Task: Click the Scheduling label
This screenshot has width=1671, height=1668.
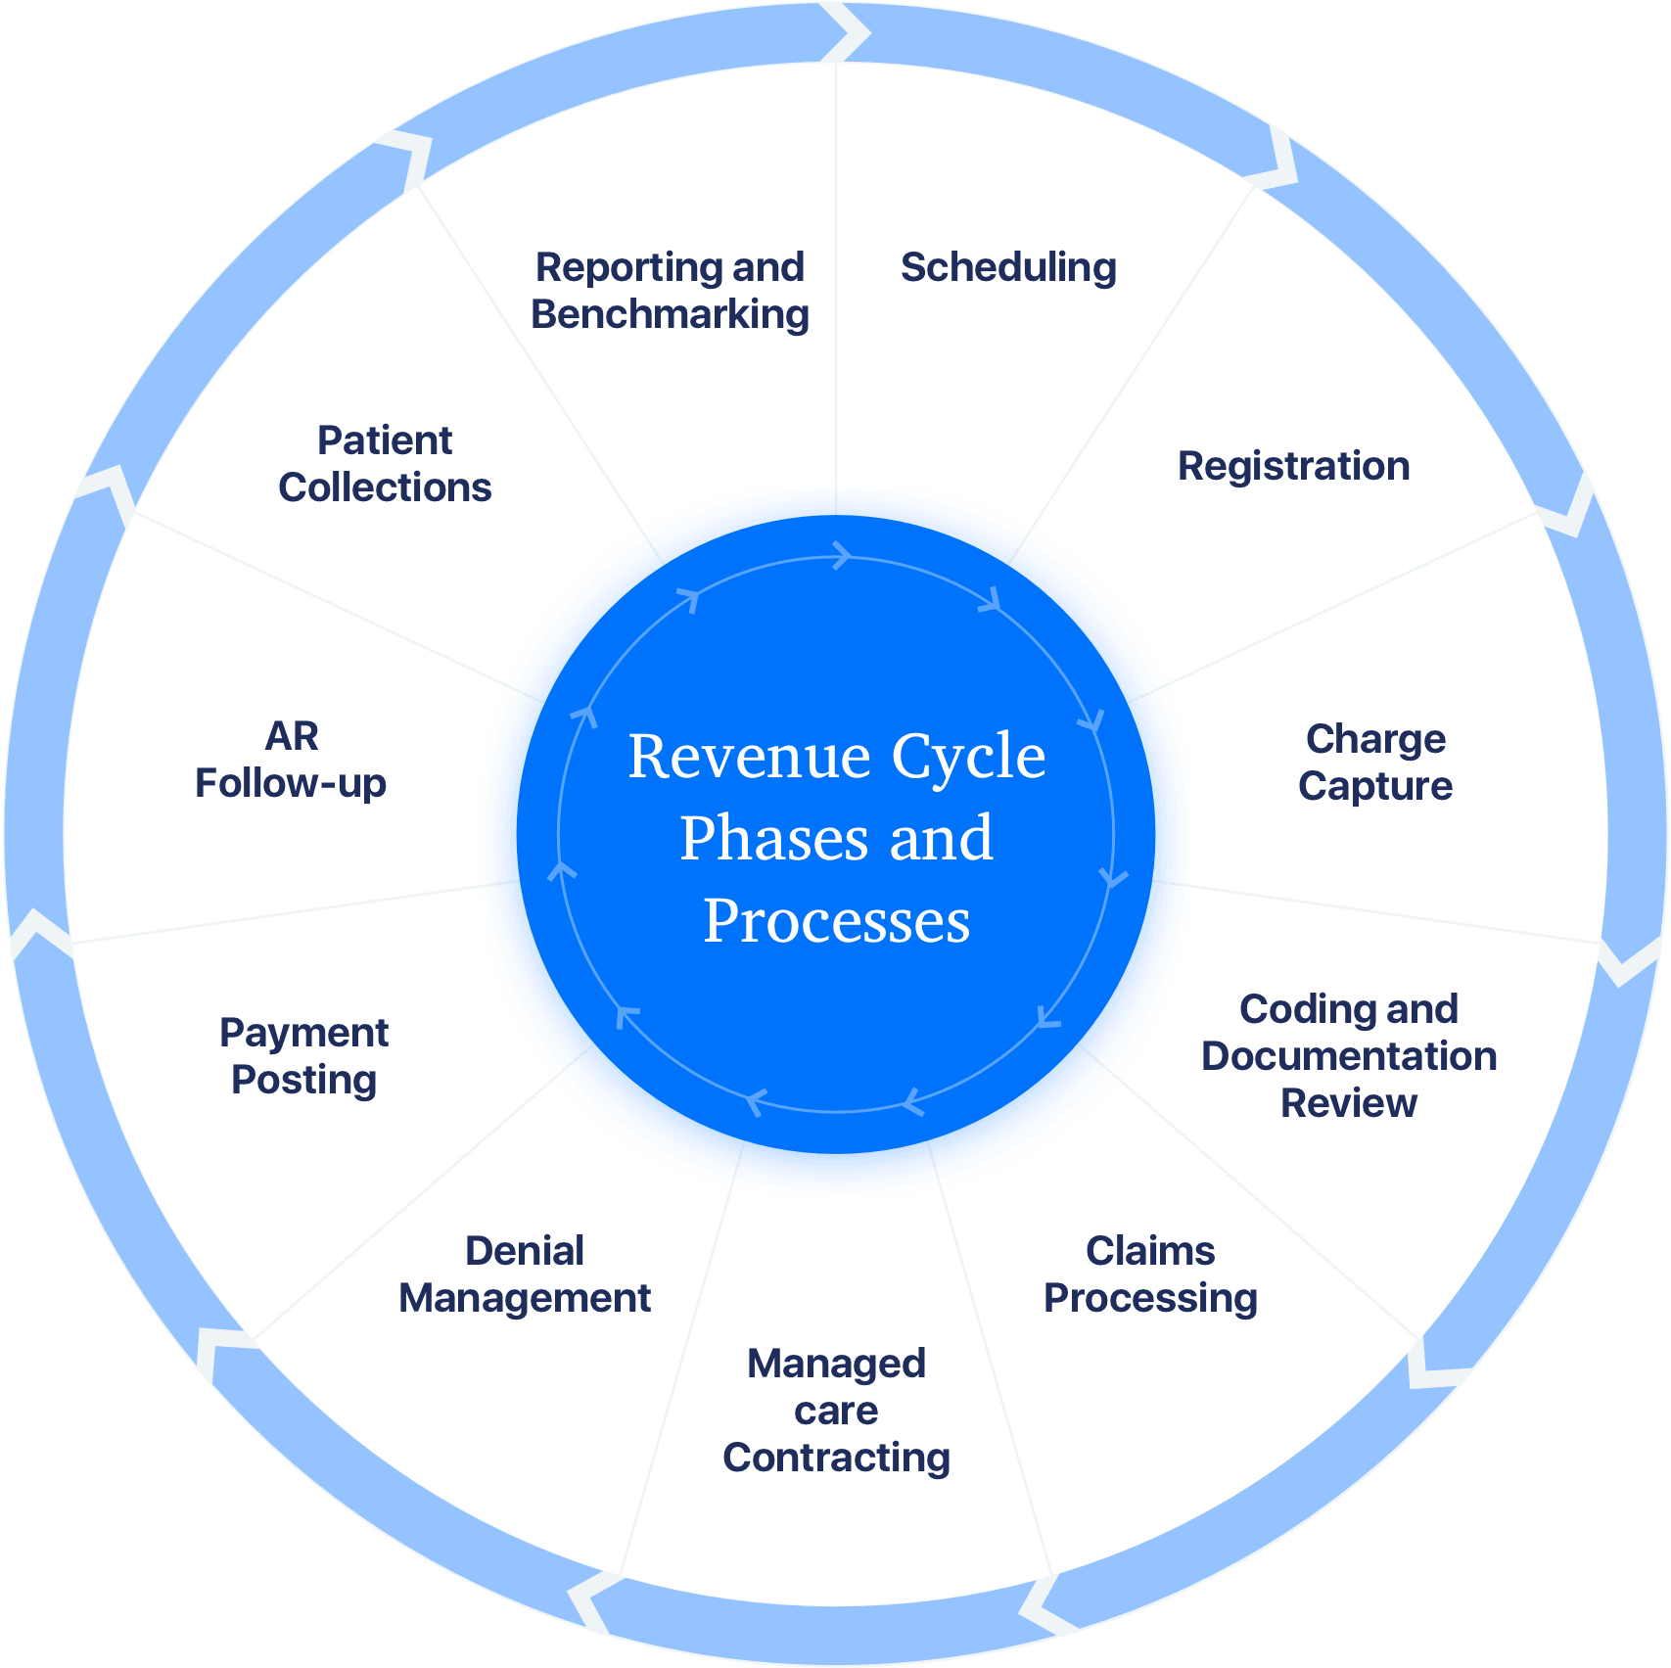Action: point(1008,268)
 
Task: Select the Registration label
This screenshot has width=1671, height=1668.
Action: point(1293,467)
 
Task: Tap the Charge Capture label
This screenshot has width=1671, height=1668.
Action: point(1375,763)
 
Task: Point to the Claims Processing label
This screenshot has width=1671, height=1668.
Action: point(1150,1274)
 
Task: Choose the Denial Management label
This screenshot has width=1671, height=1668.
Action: point(525,1274)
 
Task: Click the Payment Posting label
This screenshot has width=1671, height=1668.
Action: point(303,1056)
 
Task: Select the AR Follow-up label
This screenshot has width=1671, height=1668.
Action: point(291,760)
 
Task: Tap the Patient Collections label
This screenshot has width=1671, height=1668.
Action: point(385,464)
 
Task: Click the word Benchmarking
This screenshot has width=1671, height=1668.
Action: point(671,315)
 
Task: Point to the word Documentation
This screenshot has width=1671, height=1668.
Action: point(1349,1057)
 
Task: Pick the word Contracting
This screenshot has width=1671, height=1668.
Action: point(837,1459)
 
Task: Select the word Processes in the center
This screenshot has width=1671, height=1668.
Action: point(837,921)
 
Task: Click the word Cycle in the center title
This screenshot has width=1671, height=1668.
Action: point(968,757)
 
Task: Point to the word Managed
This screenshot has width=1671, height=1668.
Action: point(837,1365)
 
